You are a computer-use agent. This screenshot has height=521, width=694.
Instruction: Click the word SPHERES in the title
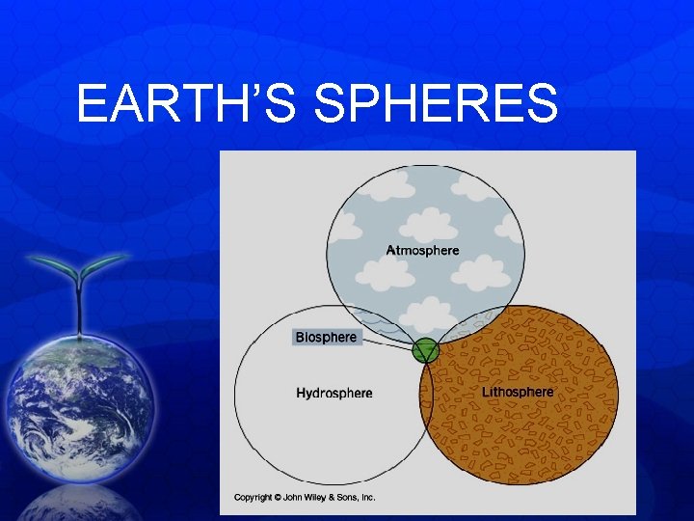[x=437, y=104]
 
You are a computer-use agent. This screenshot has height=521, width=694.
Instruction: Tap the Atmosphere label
[x=422, y=251]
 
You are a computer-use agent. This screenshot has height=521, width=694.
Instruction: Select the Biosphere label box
[x=326, y=338]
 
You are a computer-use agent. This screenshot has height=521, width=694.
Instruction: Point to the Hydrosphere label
[x=334, y=394]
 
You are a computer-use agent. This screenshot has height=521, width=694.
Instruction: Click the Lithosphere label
[x=518, y=393]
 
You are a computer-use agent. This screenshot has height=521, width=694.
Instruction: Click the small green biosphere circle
[x=425, y=351]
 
